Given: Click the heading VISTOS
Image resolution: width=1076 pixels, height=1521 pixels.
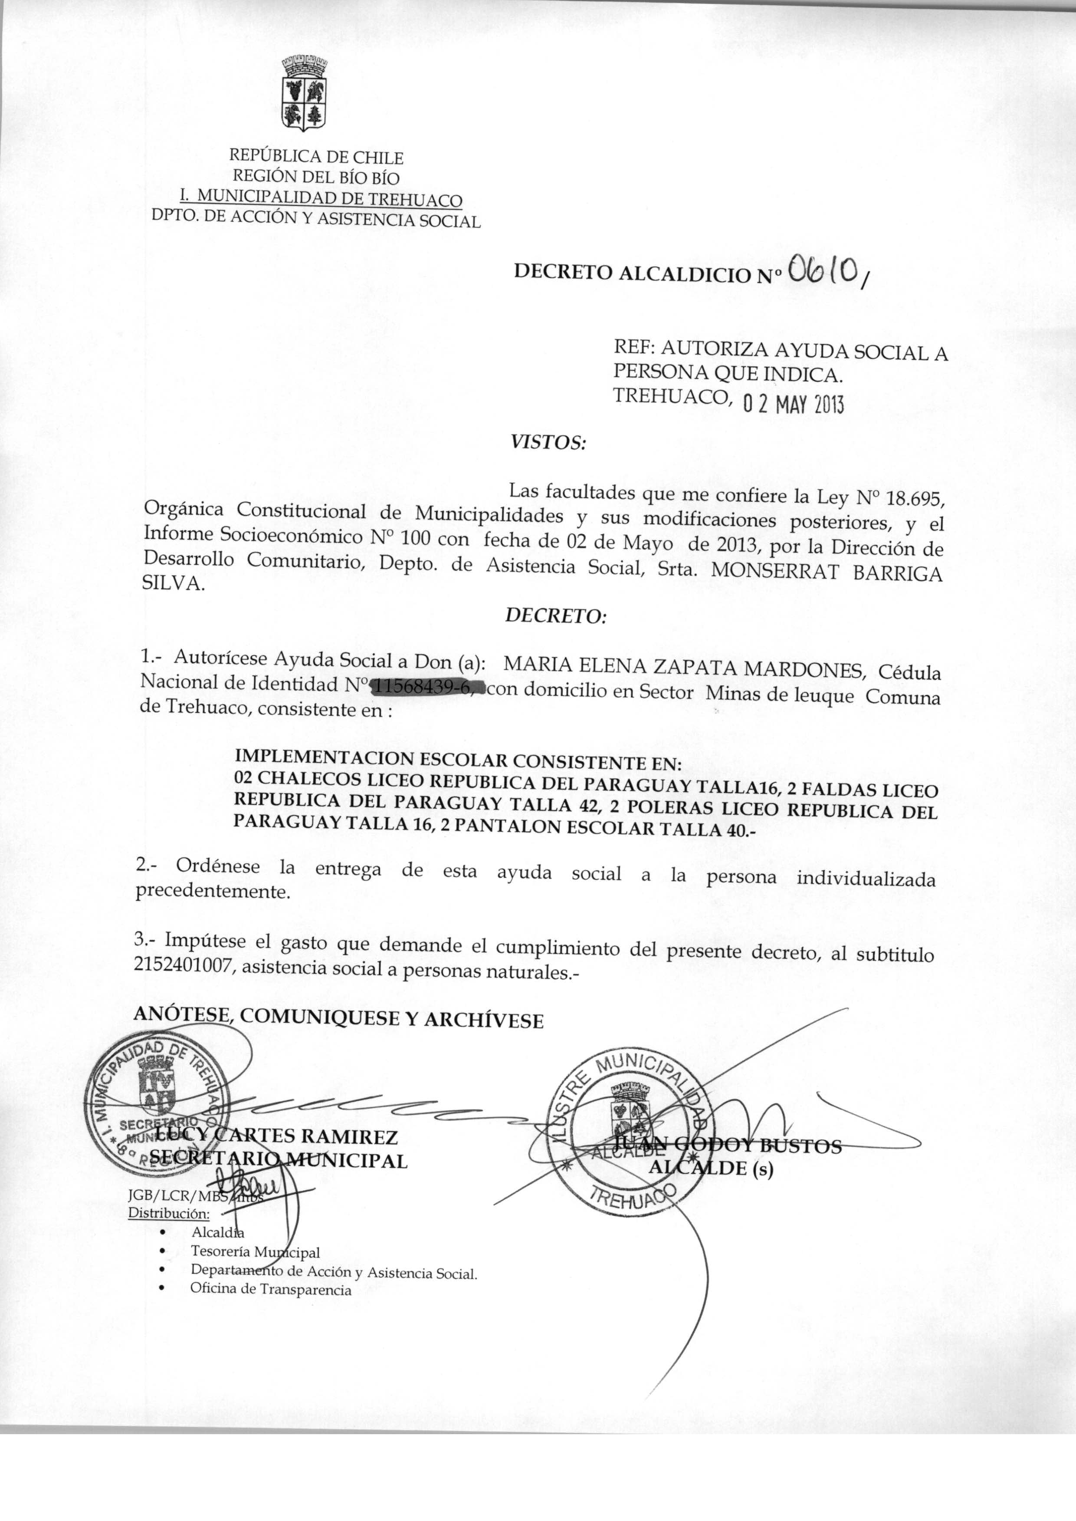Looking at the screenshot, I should point(547,442).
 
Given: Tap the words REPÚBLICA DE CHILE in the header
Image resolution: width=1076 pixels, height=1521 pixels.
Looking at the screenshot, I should point(316,157).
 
